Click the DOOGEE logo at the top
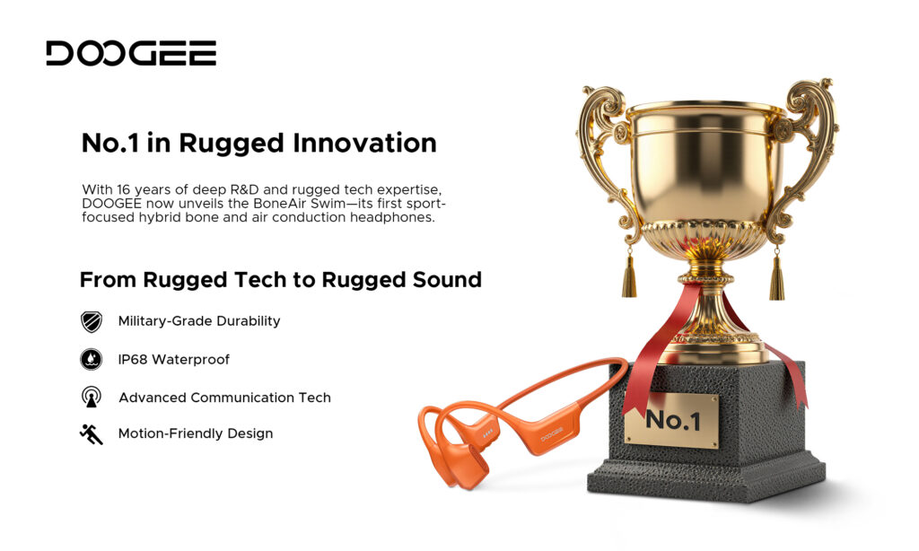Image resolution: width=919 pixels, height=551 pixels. (x=131, y=53)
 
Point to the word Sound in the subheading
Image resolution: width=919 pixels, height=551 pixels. (x=447, y=280)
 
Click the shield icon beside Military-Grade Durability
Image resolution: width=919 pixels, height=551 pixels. (x=91, y=321)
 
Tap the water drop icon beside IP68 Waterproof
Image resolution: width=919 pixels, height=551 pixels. (x=91, y=359)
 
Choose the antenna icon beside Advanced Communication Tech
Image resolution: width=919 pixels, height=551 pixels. (x=91, y=397)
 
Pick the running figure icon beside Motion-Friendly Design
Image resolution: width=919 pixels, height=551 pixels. (x=91, y=434)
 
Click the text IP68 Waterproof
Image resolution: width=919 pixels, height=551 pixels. (x=173, y=359)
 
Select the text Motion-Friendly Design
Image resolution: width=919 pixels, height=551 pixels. (x=195, y=433)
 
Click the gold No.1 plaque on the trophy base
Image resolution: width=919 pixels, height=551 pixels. (x=671, y=421)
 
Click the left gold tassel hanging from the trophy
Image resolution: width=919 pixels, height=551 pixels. (x=629, y=275)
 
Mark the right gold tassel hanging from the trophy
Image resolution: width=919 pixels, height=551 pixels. (x=776, y=275)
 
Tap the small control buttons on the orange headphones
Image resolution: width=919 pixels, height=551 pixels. (x=487, y=433)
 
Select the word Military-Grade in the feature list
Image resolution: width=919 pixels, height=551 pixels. (x=165, y=321)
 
